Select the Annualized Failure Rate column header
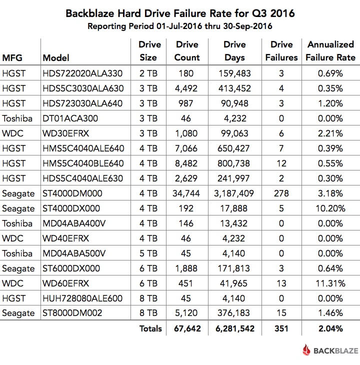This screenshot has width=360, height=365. point(331,51)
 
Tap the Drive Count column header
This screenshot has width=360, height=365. point(187,51)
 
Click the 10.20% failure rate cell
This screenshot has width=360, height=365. point(331,208)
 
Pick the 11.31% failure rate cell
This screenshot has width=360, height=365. point(331,283)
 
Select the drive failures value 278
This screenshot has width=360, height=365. point(281,193)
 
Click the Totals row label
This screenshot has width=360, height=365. point(151,328)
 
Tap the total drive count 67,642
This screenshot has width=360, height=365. point(187,328)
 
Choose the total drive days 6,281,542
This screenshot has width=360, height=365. point(234,328)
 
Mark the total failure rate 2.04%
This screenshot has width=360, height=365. point(331,328)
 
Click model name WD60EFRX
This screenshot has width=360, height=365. point(66,283)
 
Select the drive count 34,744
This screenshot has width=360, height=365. point(187,193)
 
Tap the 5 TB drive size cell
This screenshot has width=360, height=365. point(148,253)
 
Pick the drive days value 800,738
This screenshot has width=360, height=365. point(234,163)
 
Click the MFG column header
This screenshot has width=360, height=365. point(12,57)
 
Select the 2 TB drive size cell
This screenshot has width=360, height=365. point(148,73)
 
